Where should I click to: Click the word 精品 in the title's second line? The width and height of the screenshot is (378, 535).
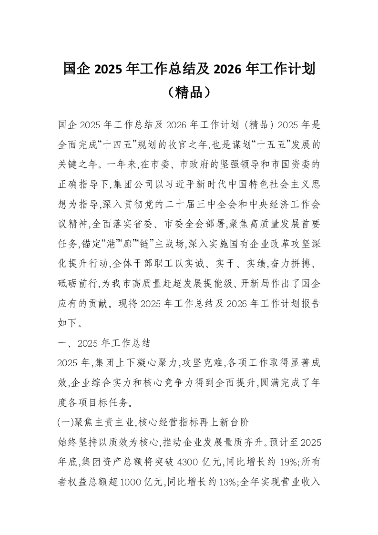[x=189, y=92]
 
